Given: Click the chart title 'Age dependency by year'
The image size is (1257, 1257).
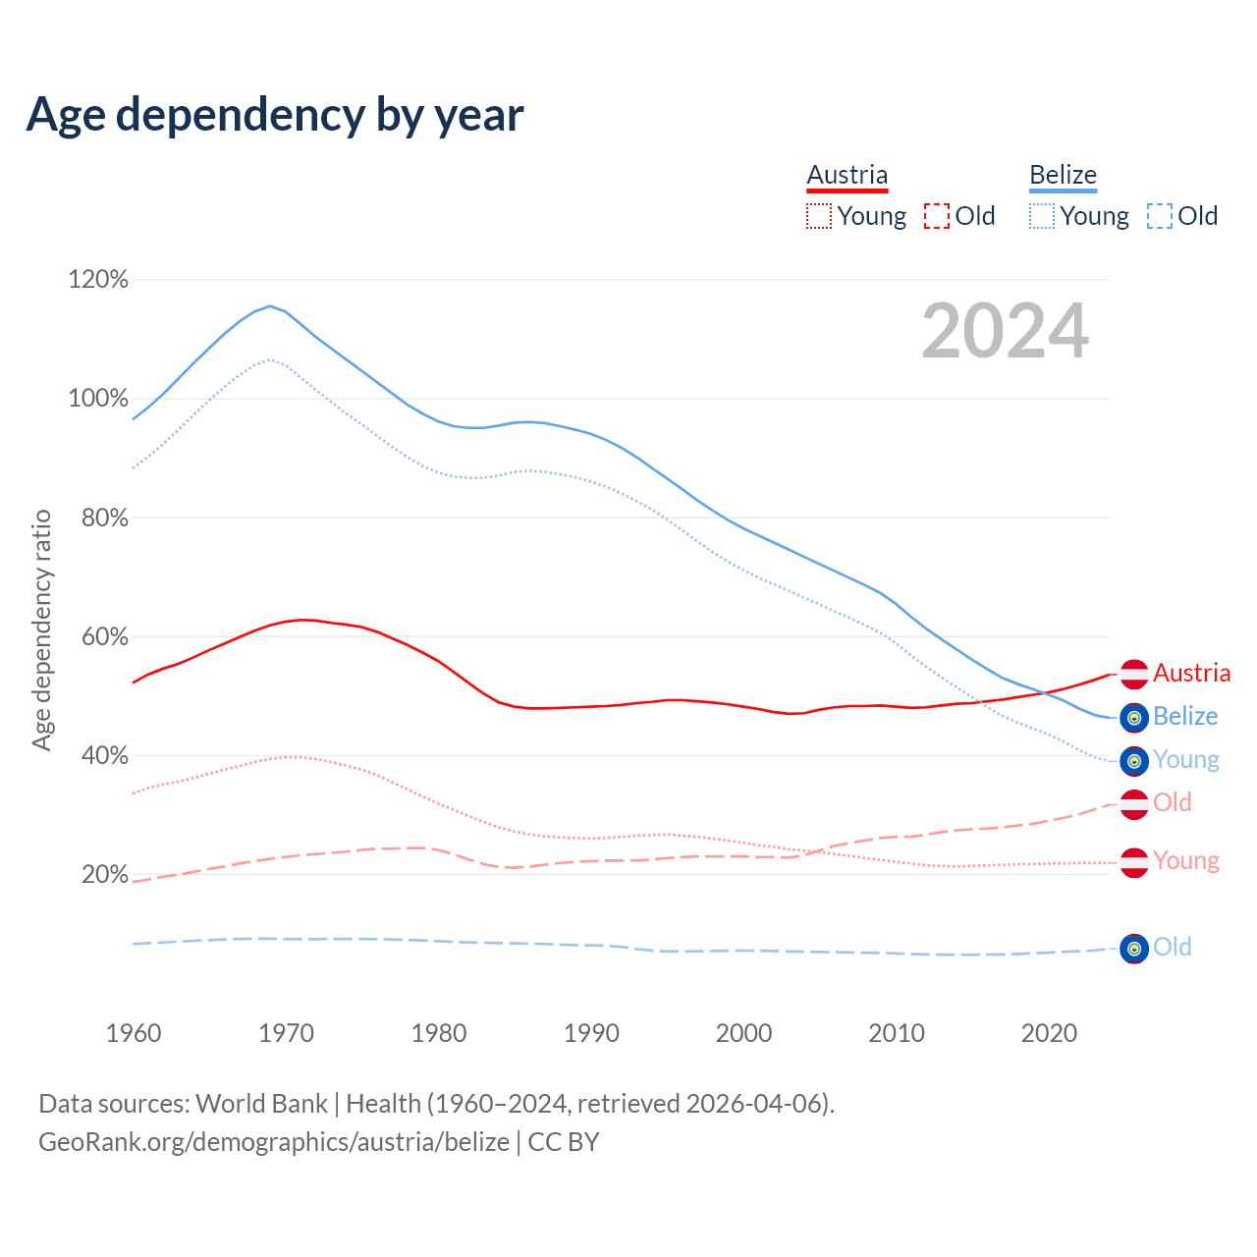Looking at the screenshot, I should (x=275, y=115).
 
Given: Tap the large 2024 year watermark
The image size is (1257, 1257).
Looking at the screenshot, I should (x=1005, y=331).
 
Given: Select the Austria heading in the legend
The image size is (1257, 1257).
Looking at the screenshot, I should (x=847, y=176).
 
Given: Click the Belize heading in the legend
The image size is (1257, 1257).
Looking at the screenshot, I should (x=1063, y=176).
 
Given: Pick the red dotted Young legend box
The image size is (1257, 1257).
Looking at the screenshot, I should (x=818, y=216).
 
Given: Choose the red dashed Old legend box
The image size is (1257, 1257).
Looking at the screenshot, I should (x=936, y=216).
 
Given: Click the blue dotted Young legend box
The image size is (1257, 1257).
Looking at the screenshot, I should (x=1041, y=216).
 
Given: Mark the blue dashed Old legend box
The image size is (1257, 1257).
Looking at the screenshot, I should (x=1159, y=216).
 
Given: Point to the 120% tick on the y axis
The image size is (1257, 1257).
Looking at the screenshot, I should (x=98, y=280).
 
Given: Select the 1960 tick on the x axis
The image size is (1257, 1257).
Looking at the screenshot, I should (x=134, y=1033).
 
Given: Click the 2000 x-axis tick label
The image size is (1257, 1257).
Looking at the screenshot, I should (x=744, y=1033).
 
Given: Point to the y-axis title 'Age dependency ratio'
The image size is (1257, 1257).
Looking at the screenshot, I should (x=41, y=629).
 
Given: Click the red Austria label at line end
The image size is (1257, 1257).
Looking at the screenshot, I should (x=1191, y=674).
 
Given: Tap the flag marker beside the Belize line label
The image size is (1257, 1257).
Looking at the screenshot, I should (x=1134, y=718).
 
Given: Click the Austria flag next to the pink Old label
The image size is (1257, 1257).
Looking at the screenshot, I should (x=1134, y=804).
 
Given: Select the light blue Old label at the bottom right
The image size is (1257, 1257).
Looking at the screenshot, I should (x=1173, y=948).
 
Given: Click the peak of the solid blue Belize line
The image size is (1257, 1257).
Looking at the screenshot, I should (x=270, y=305).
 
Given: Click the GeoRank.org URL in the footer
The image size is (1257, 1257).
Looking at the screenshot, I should (x=273, y=1142).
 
